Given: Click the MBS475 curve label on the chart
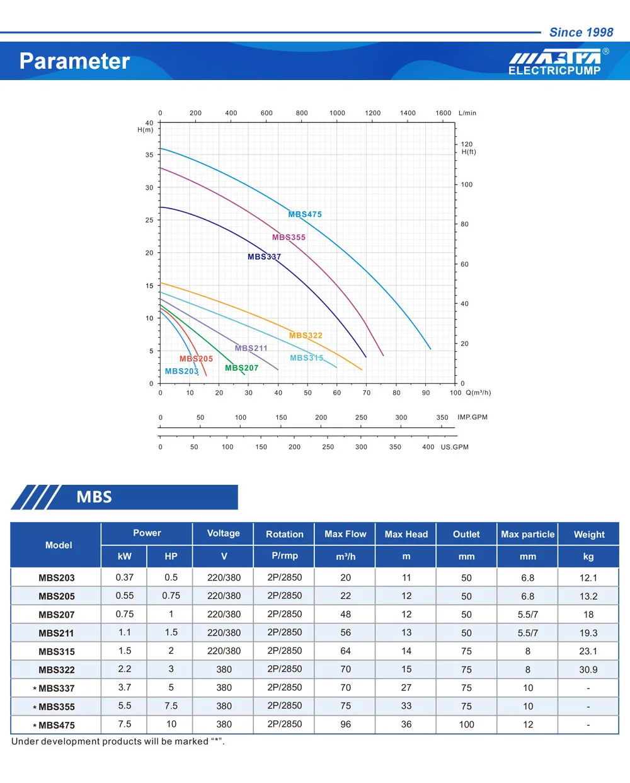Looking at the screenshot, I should pos(305,214).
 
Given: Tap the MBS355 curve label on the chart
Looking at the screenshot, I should pos(289,238).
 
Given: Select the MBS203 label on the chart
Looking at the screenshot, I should pos(181,371).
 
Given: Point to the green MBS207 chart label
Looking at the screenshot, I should pos(241,368).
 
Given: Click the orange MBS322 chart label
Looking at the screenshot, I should pos(306,335).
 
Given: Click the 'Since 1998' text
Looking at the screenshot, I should pos(581,32).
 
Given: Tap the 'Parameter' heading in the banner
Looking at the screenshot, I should pos(74,61).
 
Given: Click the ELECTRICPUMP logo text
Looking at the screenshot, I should pos(554,71).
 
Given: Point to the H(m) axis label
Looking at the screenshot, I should pos(146,130).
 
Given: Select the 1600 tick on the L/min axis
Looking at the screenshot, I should pos(444,113).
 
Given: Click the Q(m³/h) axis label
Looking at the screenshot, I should pos(478,393).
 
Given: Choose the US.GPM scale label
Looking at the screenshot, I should pos(454,447).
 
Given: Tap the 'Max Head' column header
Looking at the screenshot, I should pos(406,535).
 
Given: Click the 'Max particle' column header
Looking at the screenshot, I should pos(528,535).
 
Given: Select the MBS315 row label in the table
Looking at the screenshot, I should pos(57,652).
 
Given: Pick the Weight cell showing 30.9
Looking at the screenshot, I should pos(588,670).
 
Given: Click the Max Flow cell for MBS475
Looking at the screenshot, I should pos(346,724).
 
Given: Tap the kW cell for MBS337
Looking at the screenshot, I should pos(125,688).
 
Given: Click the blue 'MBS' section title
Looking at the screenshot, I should pos(94,497).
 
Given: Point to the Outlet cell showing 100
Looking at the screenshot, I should pos(466,724).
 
